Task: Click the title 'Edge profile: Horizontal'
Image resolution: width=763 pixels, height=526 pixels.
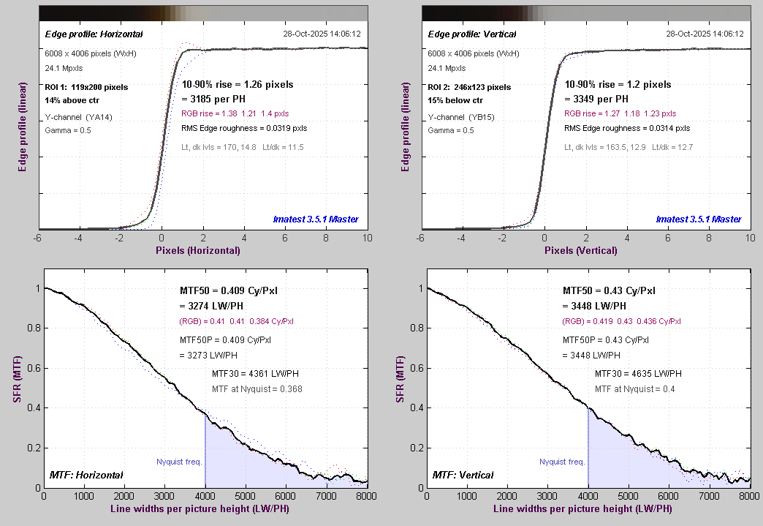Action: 94,34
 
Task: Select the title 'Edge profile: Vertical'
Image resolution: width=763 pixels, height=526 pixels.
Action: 472,34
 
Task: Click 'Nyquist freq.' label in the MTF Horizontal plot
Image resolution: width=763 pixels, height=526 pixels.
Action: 179,462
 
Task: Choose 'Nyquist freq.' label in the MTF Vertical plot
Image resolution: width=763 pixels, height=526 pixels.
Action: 562,462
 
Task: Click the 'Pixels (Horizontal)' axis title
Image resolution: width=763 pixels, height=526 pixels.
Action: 197,250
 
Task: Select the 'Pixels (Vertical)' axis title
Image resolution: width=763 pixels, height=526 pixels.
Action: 580,250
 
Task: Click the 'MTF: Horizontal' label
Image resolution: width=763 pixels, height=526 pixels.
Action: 86,476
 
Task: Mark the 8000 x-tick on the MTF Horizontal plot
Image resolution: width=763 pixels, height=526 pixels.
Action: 365,495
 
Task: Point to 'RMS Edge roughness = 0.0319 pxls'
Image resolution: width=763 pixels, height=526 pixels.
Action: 244,128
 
